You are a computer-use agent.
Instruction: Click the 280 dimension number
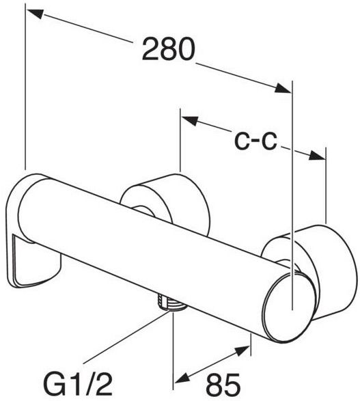(169, 49)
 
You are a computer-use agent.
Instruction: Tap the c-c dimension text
(255, 141)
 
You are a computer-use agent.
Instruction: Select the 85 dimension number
(223, 385)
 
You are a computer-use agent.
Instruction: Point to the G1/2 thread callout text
(79, 384)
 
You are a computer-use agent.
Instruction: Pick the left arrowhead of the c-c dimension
(190, 120)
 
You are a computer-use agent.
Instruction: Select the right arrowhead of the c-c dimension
(317, 156)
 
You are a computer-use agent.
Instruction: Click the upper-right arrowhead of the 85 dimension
(243, 350)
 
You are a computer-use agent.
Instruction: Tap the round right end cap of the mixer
(289, 307)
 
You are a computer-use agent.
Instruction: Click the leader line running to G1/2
(127, 337)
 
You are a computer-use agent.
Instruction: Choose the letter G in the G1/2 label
(54, 384)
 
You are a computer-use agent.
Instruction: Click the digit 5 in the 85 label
(232, 385)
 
